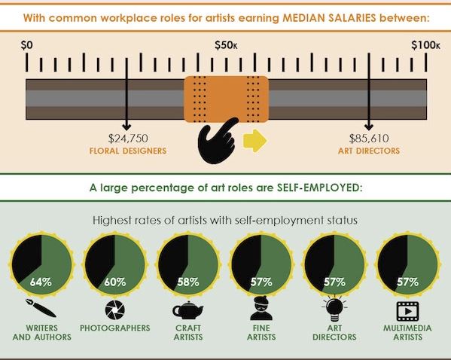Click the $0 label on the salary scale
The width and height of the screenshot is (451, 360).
pos(27,45)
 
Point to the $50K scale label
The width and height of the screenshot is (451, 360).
pos(226,45)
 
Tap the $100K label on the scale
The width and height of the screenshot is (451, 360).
pos(425,45)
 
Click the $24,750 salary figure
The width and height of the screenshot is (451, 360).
pos(128,139)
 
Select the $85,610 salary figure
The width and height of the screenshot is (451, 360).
pos(369,139)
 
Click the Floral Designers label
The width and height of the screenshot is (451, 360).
pos(128,151)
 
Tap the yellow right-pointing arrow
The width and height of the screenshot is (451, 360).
pos(255,141)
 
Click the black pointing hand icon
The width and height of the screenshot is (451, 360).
pos(218,141)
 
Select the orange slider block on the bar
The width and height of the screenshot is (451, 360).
pos(227,99)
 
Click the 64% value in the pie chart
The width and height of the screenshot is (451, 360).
pos(41,282)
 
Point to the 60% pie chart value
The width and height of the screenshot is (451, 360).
pos(115,282)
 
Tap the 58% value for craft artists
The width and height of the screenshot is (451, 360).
pos(188,282)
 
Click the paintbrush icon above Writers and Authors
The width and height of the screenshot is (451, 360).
pos(41,308)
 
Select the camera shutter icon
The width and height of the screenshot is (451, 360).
pos(115,310)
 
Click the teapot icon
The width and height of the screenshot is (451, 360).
pos(187,310)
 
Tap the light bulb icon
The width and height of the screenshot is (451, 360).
pos(334,308)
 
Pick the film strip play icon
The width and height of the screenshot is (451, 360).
pos(407,311)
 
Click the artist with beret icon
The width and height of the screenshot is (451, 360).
pos(261,308)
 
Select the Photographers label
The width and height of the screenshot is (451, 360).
pos(115,328)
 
